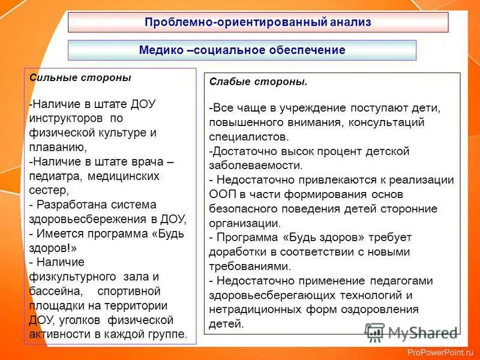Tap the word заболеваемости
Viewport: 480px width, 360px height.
point(256,165)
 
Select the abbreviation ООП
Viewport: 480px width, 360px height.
point(222,194)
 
